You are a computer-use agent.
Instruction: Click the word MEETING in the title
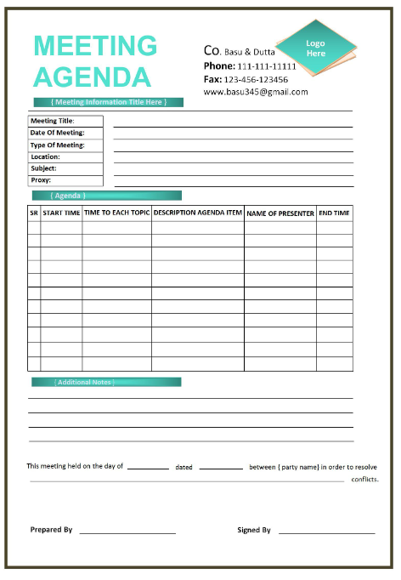click(95, 46)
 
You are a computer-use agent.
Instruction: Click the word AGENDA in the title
click(92, 77)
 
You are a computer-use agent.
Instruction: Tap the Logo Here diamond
click(315, 48)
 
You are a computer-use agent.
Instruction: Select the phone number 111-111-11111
click(267, 66)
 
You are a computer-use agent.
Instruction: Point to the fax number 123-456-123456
click(256, 79)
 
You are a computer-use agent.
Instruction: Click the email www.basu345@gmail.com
click(256, 92)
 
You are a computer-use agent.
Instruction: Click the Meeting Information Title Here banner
click(108, 103)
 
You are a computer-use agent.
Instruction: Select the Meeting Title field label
click(53, 122)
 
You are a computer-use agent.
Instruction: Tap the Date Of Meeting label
click(57, 133)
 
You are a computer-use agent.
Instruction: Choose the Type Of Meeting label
click(57, 145)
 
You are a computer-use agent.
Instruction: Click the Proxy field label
click(41, 180)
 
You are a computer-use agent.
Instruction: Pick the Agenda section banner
click(106, 196)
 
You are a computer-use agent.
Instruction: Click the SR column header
click(34, 213)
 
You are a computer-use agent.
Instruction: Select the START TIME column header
click(61, 213)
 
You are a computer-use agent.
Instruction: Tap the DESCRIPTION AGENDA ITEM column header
click(198, 213)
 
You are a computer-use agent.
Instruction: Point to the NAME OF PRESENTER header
click(280, 213)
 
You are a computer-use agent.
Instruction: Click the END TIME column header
click(334, 213)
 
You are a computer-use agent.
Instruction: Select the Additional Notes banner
click(106, 383)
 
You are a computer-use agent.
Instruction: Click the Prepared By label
click(51, 530)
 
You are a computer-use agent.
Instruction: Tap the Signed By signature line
click(326, 532)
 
